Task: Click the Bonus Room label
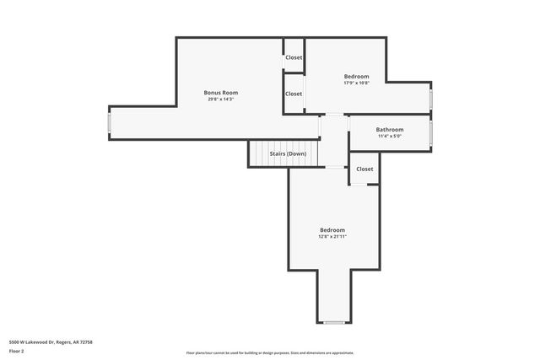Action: [221, 92]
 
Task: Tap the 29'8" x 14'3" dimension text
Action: [221, 99]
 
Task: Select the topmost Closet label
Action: [294, 57]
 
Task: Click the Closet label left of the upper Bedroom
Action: [294, 94]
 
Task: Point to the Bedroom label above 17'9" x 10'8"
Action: [356, 76]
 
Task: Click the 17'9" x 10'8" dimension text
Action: [356, 83]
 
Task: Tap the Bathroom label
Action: [389, 129]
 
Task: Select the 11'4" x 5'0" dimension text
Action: [389, 136]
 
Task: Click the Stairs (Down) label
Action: [288, 153]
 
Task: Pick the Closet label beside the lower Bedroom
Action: [364, 169]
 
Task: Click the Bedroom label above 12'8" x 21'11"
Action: [332, 230]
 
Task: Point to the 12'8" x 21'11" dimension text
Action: [332, 237]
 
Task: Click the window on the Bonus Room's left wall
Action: [109, 123]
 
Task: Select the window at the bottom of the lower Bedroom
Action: [334, 323]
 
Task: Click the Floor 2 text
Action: [17, 352]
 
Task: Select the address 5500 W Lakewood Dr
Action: [51, 341]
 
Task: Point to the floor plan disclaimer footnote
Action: [270, 353]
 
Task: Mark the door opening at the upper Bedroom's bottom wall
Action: [334, 115]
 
